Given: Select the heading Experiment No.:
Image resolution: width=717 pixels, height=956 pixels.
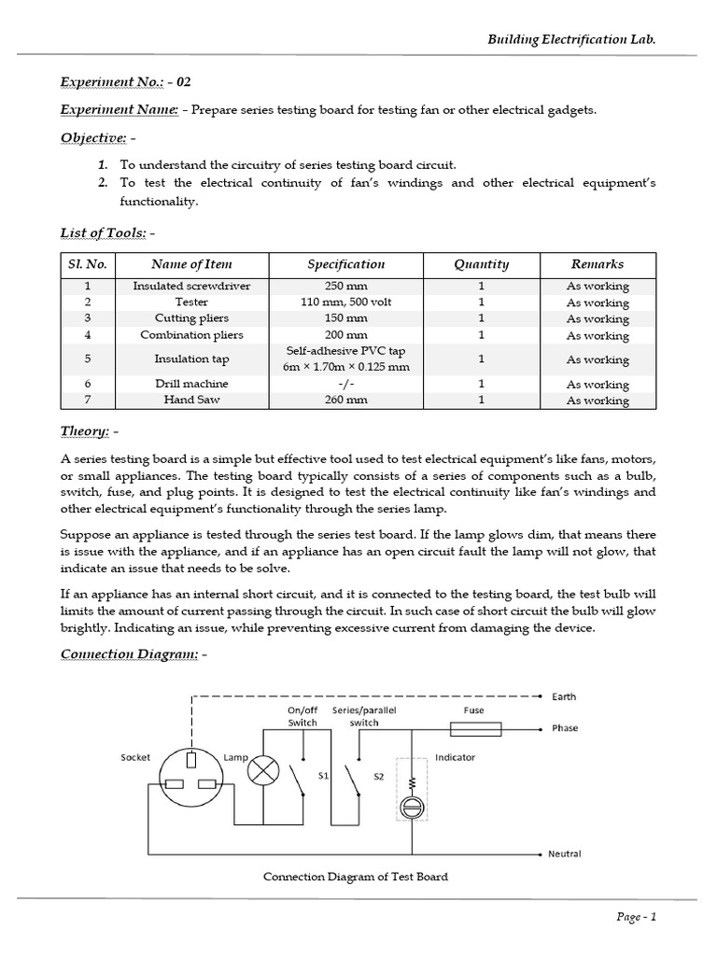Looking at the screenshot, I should coord(112,82).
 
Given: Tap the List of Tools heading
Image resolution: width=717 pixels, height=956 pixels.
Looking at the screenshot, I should coord(104,232).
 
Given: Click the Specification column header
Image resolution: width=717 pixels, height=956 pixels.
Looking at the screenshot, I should coord(345,264).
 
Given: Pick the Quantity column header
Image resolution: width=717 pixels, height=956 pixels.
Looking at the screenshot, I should coord(481,264).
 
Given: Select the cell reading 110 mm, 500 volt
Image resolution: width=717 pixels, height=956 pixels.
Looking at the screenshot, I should coord(345,302).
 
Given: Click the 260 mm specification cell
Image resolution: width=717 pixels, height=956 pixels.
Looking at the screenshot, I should coord(345,400).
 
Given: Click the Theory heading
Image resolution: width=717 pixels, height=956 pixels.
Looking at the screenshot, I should coord(85,432).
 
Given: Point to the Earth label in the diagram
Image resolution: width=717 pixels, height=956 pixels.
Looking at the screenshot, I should coord(564,696).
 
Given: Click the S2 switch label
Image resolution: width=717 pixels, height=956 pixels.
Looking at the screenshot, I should coord(379,777).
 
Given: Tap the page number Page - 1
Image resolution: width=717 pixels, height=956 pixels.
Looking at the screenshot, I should coord(637,916).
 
